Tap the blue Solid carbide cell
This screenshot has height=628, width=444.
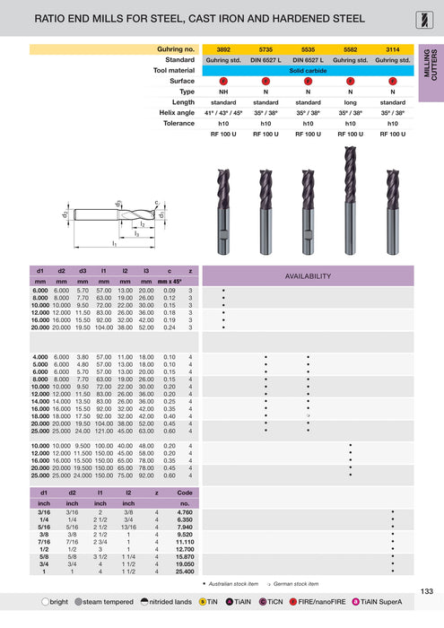click(x=308, y=69)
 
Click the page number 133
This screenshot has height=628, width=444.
click(x=426, y=589)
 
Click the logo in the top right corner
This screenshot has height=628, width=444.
click(x=430, y=16)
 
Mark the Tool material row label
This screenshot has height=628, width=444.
click(x=174, y=69)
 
